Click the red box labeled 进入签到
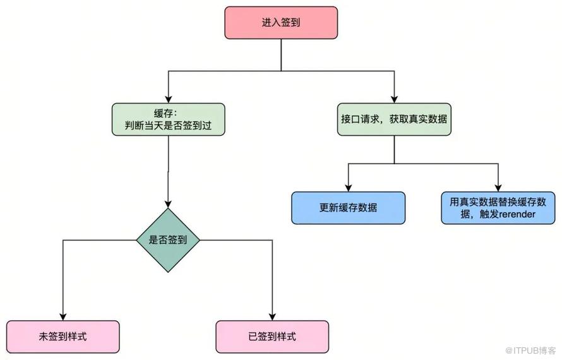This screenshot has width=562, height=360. [x=281, y=22]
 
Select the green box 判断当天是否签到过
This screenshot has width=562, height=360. [x=167, y=119]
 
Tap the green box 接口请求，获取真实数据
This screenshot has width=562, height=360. [x=395, y=119]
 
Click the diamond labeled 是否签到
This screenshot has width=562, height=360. [x=168, y=240]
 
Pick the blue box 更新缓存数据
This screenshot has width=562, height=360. [x=348, y=208]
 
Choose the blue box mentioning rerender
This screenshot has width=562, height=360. [x=498, y=208]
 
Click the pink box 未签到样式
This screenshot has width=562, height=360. [x=63, y=336]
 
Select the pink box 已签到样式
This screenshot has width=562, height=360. [x=272, y=336]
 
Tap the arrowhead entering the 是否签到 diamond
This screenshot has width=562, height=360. [x=168, y=204]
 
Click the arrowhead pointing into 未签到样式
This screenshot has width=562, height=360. [x=63, y=316]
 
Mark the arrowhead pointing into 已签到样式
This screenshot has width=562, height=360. [x=272, y=316]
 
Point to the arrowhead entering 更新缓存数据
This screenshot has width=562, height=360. [x=348, y=188]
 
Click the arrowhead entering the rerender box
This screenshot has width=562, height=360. [x=498, y=188]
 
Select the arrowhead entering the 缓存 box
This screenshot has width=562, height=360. [x=167, y=100]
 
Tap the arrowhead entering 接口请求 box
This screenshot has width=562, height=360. [x=395, y=100]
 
